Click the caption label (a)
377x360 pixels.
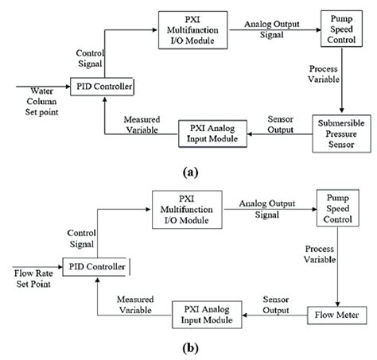(188, 170)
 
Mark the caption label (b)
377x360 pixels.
(188, 348)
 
